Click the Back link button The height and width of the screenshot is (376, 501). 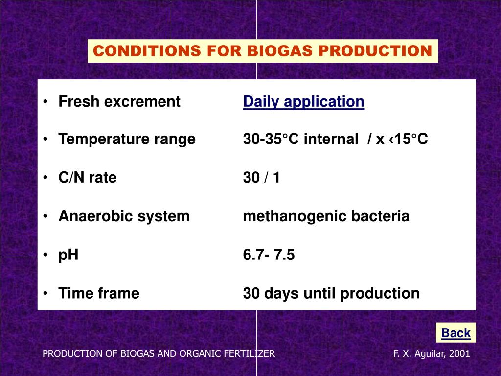click(x=455, y=333)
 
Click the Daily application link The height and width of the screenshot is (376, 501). click(x=303, y=102)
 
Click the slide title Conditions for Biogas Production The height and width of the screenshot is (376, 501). click(x=263, y=51)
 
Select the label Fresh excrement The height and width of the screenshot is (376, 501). click(x=119, y=102)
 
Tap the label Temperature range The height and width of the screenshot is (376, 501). click(x=127, y=140)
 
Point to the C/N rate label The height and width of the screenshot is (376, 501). click(x=88, y=178)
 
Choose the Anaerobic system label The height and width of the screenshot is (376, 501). click(x=124, y=216)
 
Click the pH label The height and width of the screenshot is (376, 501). click(x=68, y=255)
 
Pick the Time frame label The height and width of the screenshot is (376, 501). click(x=99, y=294)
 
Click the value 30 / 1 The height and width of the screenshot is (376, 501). click(x=261, y=178)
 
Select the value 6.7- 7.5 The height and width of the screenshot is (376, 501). click(x=269, y=255)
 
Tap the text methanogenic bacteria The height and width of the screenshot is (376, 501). click(x=326, y=216)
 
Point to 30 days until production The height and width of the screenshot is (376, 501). click(x=331, y=294)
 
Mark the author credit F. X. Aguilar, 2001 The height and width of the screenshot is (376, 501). click(x=432, y=353)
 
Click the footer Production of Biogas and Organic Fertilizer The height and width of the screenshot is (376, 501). click(x=159, y=353)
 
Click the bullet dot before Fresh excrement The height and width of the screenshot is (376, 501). click(x=46, y=102)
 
